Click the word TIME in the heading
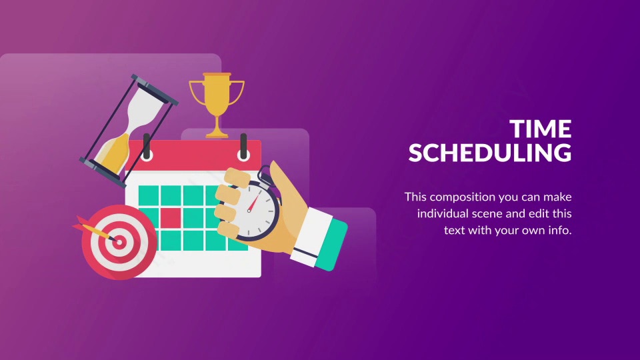[541, 129]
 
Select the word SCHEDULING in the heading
[490, 153]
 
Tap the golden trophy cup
[216, 105]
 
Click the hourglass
[129, 131]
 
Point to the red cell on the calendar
[170, 217]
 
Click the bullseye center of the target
[119, 242]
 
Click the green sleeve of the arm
[333, 244]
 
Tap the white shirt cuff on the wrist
[311, 237]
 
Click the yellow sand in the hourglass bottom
[113, 154]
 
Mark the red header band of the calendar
[193, 155]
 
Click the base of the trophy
[217, 133]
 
